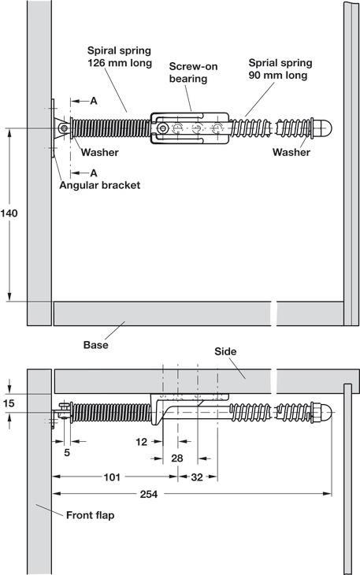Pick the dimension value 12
coord(141,442)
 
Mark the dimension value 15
coord(9,403)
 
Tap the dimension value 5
coord(67,453)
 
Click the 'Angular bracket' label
coord(99,185)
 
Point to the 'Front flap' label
coord(88,515)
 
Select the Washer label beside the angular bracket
coord(99,153)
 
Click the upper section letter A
coord(93,101)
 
